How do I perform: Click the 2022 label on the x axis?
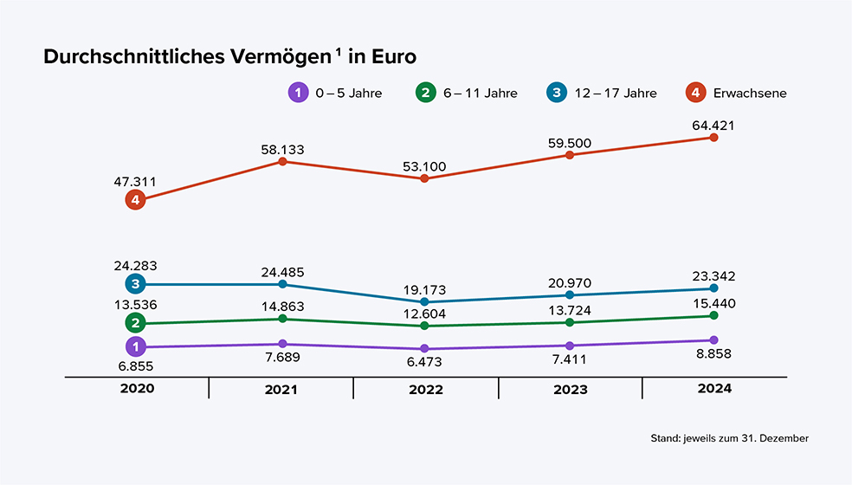point(425,390)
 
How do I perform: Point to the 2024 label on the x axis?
point(714,389)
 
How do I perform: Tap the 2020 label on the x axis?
point(137,389)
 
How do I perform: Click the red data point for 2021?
point(282,162)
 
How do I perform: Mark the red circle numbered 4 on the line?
point(134,200)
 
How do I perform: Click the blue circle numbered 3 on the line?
point(134,284)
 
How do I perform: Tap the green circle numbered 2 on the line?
point(134,323)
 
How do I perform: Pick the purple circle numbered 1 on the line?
point(134,347)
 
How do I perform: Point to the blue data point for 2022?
point(424,301)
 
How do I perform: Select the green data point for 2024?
point(714,316)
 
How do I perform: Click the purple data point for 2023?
point(569,346)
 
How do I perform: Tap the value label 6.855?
point(135,366)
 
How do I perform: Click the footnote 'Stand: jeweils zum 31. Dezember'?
point(729,439)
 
